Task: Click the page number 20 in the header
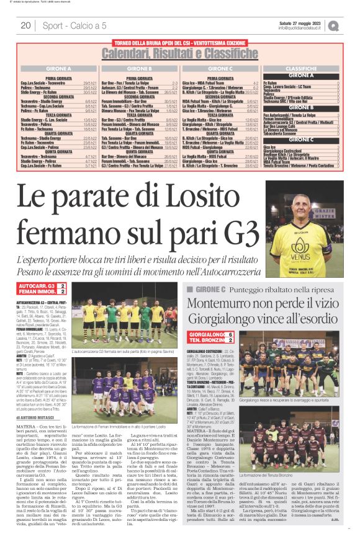[x=25, y=25]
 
